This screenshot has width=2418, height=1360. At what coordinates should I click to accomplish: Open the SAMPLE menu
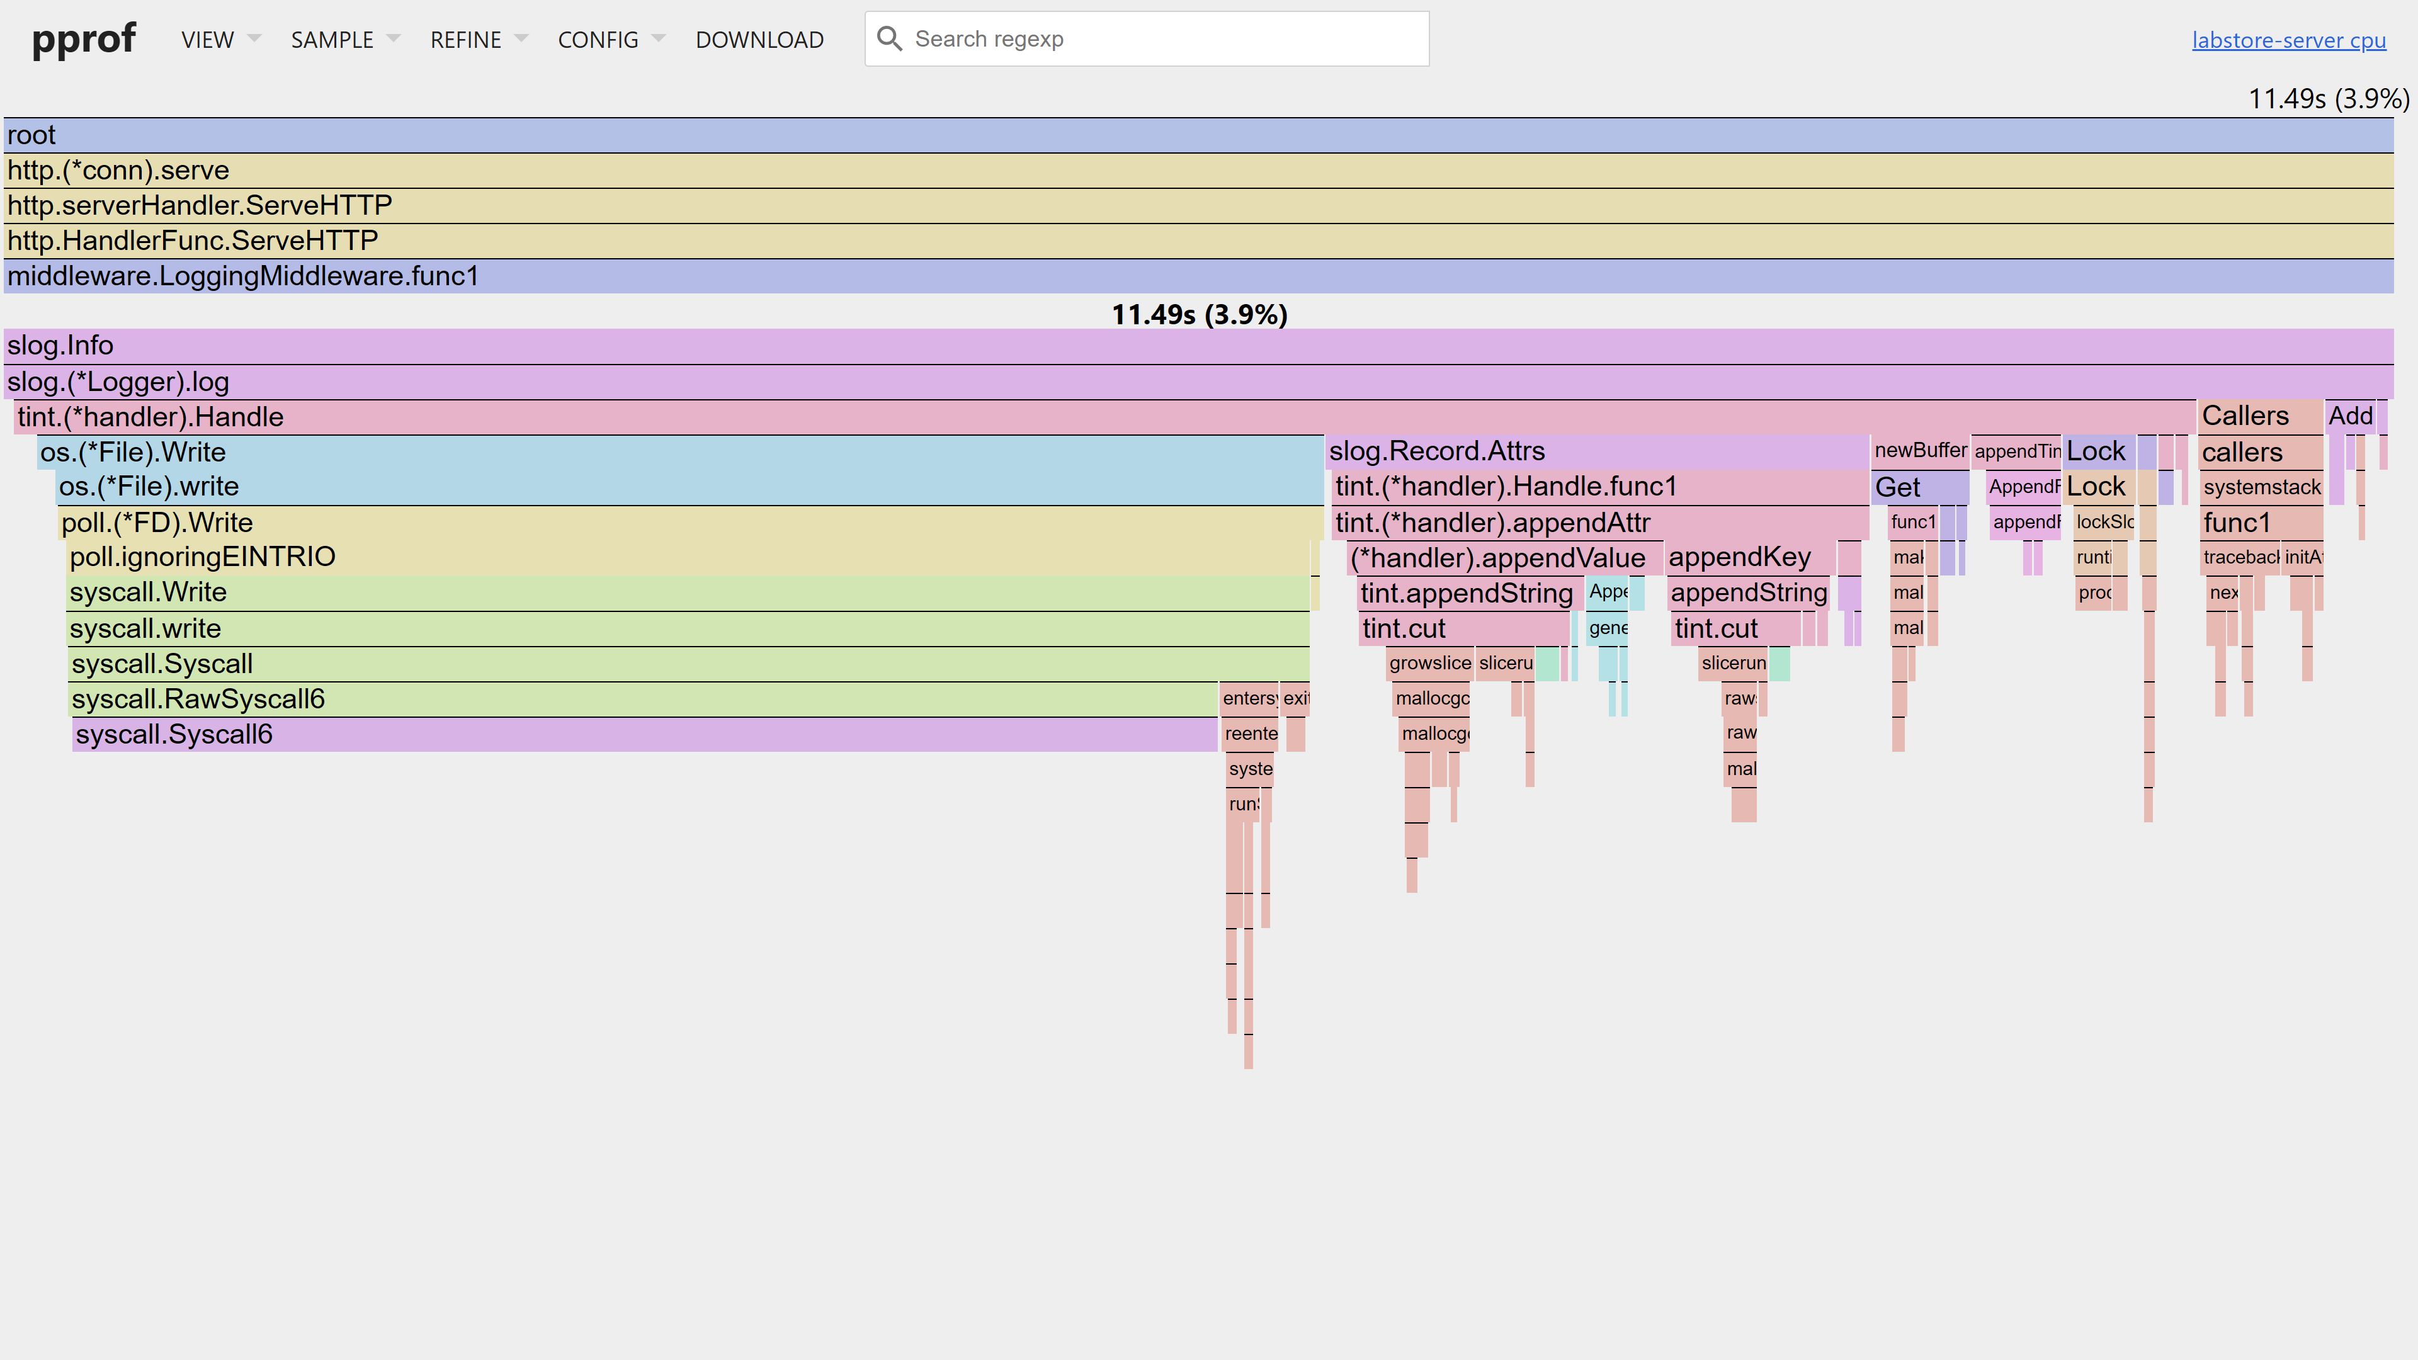(x=332, y=40)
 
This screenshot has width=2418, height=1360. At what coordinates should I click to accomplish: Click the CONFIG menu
(x=598, y=40)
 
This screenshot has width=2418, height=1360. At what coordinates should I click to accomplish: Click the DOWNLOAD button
(x=759, y=40)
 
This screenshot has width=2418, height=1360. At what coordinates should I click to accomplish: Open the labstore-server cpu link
(x=2288, y=40)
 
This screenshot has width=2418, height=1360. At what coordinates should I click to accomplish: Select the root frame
(x=1198, y=135)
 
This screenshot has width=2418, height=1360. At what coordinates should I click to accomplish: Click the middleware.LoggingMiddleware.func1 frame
(x=1198, y=276)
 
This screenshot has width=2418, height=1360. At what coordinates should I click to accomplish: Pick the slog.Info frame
(x=1198, y=346)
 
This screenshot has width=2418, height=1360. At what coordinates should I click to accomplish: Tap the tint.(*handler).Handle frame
(x=1104, y=417)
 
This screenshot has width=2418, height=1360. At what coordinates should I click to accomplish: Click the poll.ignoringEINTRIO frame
(x=689, y=557)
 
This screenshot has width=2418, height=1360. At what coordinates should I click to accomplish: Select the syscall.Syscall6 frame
(x=644, y=734)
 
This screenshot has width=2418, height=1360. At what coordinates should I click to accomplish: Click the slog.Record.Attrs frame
(x=1596, y=451)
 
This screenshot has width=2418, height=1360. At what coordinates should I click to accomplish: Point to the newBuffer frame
(x=1919, y=451)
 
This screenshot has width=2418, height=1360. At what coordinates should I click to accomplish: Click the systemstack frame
(x=2261, y=487)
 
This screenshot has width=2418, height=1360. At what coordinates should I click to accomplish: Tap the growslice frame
(x=1429, y=662)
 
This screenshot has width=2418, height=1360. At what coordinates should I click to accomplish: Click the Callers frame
(x=2259, y=416)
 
